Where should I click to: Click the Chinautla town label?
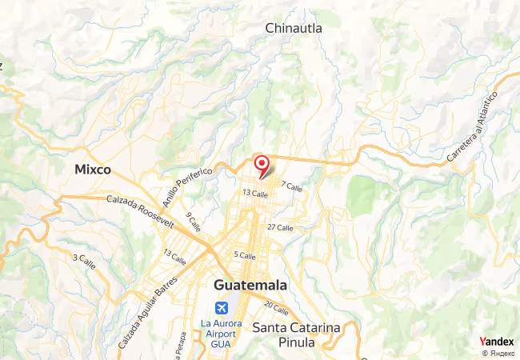tap(294, 28)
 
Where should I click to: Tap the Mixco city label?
tap(92, 170)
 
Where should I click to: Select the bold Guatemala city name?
tap(250, 286)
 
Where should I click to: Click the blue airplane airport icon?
tap(221, 308)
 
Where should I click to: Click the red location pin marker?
tap(261, 166)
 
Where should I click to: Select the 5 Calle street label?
tap(244, 256)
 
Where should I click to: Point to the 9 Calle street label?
tap(193, 221)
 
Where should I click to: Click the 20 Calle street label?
tap(276, 309)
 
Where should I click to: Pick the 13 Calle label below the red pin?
tap(254, 194)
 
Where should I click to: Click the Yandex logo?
tap(496, 342)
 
